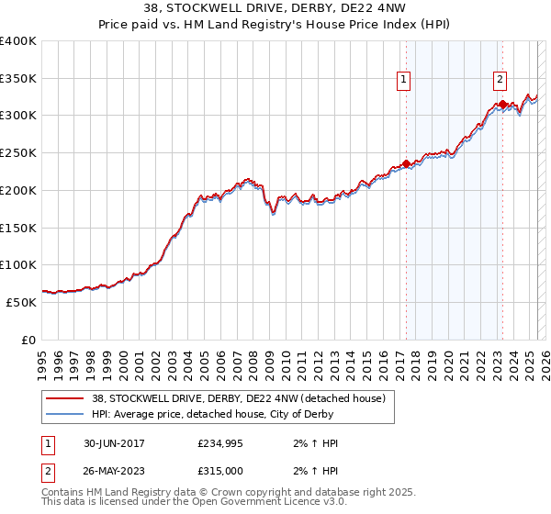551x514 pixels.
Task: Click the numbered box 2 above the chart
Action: [x=500, y=80]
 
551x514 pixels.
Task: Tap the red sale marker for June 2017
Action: [x=406, y=164]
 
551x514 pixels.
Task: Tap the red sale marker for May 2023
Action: [x=502, y=105]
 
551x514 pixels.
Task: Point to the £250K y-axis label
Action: [x=18, y=153]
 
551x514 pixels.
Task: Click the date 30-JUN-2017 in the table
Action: [x=114, y=443]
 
